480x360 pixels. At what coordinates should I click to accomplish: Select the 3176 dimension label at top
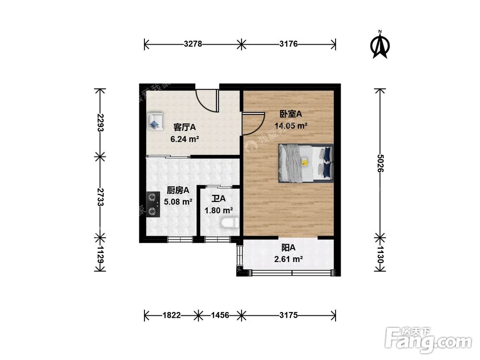pos(289,44)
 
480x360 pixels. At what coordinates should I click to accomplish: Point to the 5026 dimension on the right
pos(380,164)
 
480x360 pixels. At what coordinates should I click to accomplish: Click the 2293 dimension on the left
pos(100,123)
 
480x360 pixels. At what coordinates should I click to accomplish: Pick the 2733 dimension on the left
pos(100,197)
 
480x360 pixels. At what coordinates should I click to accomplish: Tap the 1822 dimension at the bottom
pos(171,315)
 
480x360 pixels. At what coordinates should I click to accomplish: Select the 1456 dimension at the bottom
pos(220,315)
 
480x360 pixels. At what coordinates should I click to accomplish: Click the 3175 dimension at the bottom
pos(289,315)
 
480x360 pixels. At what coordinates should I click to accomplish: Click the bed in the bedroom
pos(306,163)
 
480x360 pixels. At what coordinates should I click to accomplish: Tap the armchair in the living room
pos(156,121)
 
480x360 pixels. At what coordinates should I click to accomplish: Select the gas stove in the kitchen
pos(153,204)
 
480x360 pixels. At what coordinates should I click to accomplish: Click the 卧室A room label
pos(291,114)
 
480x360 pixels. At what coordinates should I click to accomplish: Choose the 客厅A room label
pos(185,128)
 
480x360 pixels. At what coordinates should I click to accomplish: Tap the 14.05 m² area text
pos(291,126)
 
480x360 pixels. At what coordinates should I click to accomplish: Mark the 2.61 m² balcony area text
pos(288,259)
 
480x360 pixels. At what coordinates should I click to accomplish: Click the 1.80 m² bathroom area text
pos(219,210)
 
